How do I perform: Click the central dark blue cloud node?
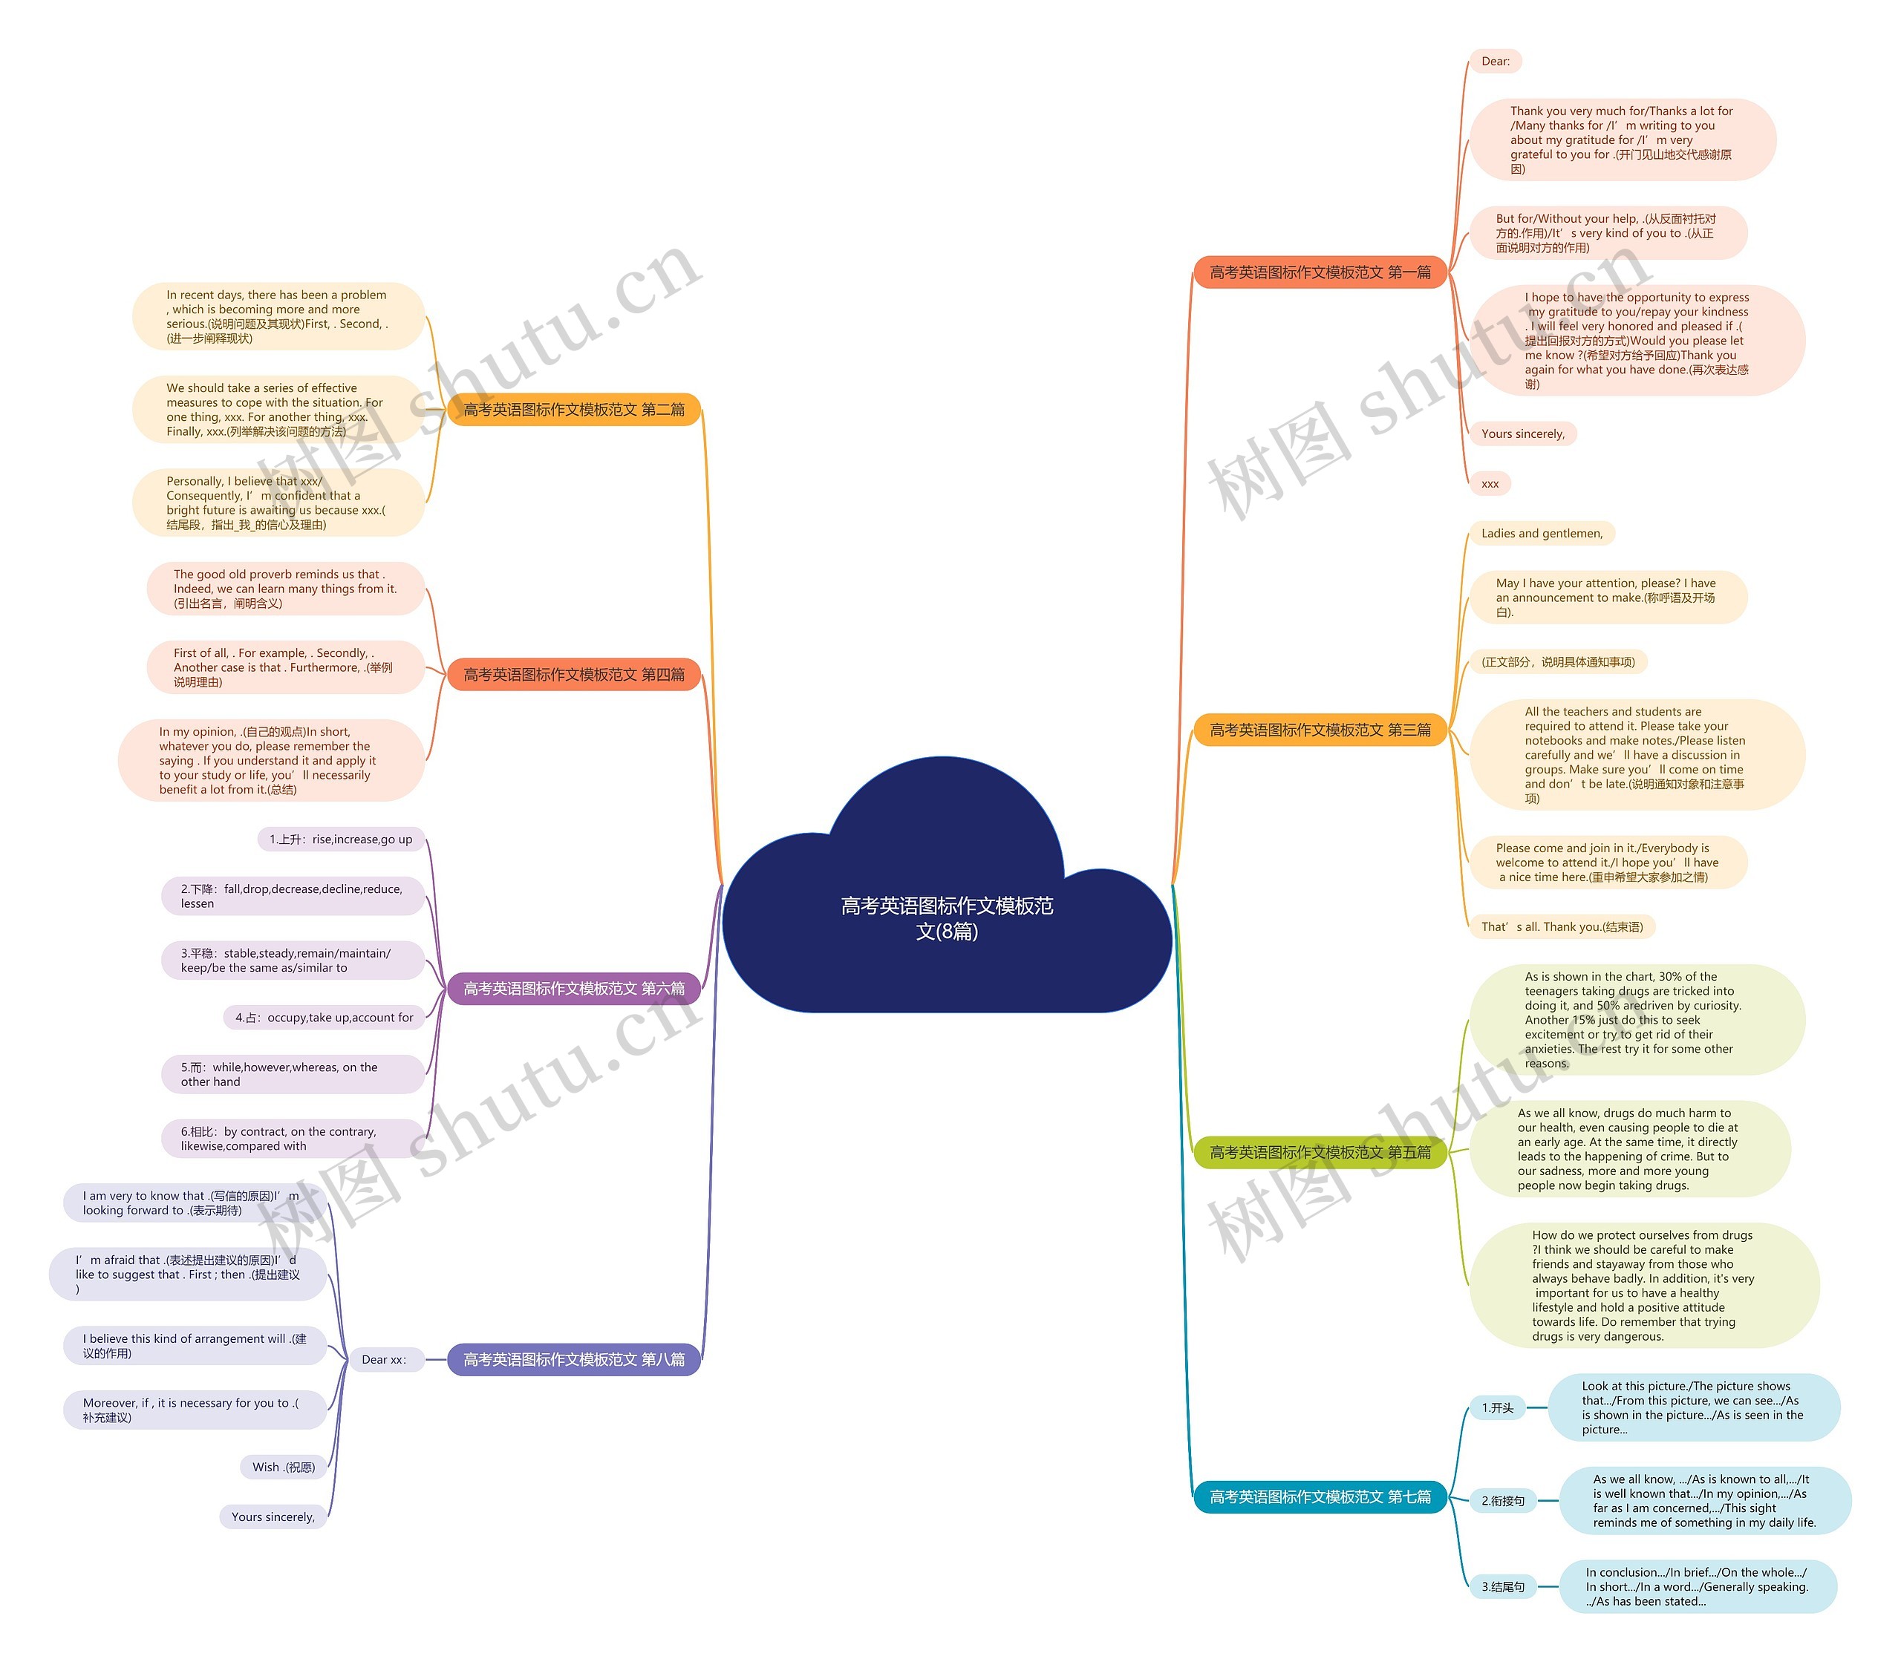pyautogui.click(x=946, y=918)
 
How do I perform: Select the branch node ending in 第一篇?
pyautogui.click(x=1320, y=272)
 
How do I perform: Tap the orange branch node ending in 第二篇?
pyautogui.click(x=573, y=410)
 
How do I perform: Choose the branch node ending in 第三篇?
pyautogui.click(x=1320, y=730)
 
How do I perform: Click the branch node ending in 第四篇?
pyautogui.click(x=573, y=674)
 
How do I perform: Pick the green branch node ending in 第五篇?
pyautogui.click(x=1320, y=1152)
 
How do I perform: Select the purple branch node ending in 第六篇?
pyautogui.click(x=573, y=989)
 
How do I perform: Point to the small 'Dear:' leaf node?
pyautogui.click(x=1495, y=61)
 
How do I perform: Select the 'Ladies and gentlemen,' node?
pyautogui.click(x=1541, y=533)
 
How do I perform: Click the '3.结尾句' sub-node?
pyautogui.click(x=1502, y=1587)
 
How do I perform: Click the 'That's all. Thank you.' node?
pyautogui.click(x=1562, y=926)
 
